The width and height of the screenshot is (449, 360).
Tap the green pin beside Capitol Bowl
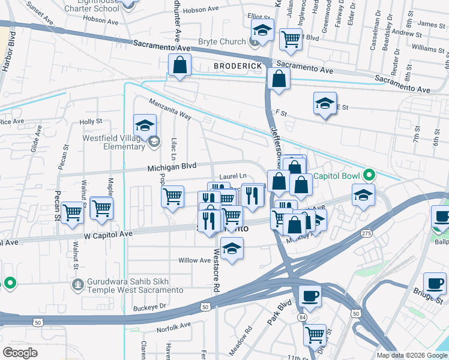[369, 176]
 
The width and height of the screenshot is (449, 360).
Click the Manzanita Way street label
[170, 109]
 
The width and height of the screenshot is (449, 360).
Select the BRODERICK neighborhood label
[238, 65]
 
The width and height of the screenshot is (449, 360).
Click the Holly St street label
[91, 122]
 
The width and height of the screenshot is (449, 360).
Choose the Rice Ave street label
[12, 121]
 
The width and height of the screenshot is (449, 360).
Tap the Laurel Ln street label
[233, 176]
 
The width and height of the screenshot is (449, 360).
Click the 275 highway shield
[366, 233]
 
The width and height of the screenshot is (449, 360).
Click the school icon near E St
[325, 103]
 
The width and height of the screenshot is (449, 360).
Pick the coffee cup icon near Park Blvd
[310, 295]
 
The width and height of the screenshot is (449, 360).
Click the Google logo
[20, 352]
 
